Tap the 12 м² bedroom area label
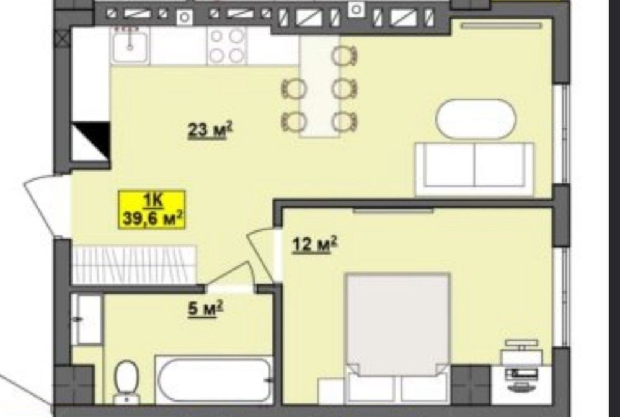314,245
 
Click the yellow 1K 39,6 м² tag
153,210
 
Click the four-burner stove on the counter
227,46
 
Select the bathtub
215,380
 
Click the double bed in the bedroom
398,337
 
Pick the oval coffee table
476,119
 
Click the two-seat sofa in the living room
474,169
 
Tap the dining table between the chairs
319,86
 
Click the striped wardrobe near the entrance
134,265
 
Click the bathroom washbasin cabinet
87,319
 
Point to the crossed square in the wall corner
63,40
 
